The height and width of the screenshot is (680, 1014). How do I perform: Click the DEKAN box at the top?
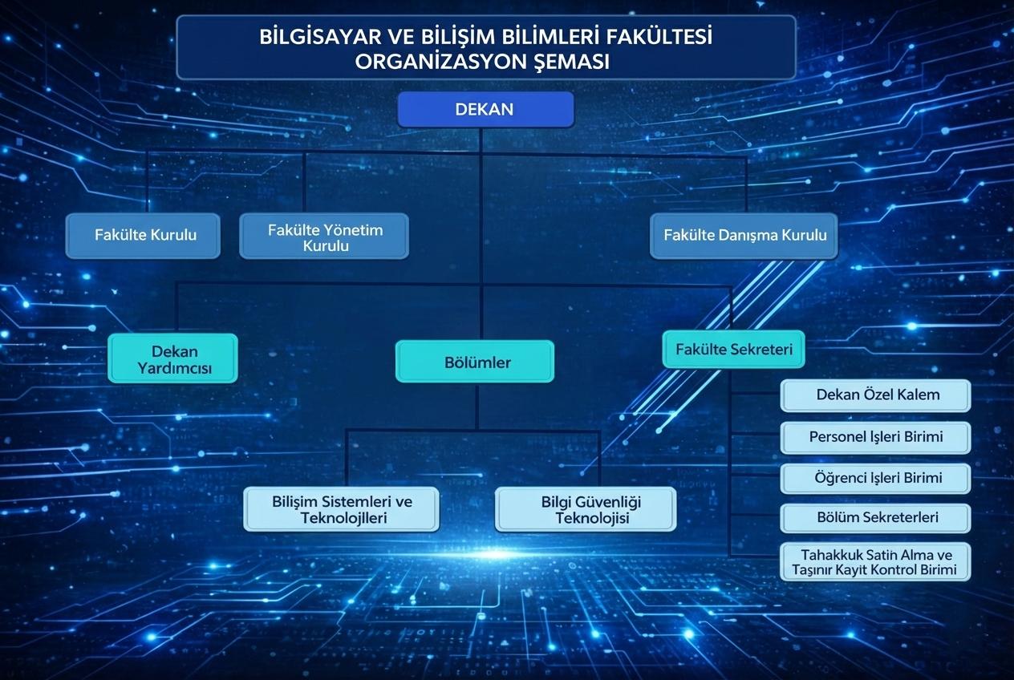click(485, 110)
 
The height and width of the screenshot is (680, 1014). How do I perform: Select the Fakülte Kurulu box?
click(143, 236)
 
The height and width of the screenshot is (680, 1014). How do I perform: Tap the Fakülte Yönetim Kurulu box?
click(324, 237)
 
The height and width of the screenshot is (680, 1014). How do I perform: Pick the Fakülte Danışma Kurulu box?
click(744, 236)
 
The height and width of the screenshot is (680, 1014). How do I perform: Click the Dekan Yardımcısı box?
click(173, 358)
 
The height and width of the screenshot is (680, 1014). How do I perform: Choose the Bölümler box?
click(476, 362)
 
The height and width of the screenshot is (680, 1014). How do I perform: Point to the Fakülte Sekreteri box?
click(733, 350)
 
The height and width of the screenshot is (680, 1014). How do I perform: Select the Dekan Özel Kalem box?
click(875, 395)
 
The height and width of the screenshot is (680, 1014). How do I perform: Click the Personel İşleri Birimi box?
click(875, 437)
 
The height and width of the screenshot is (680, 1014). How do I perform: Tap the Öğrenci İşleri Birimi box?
click(875, 478)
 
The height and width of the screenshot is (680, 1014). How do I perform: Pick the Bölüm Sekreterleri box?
click(875, 518)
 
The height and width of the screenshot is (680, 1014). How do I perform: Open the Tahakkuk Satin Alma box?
click(875, 562)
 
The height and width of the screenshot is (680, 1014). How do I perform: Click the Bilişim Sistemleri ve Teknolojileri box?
click(342, 509)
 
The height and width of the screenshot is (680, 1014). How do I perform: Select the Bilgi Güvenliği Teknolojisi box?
click(586, 509)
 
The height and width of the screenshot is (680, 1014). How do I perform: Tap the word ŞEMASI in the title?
click(570, 62)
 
